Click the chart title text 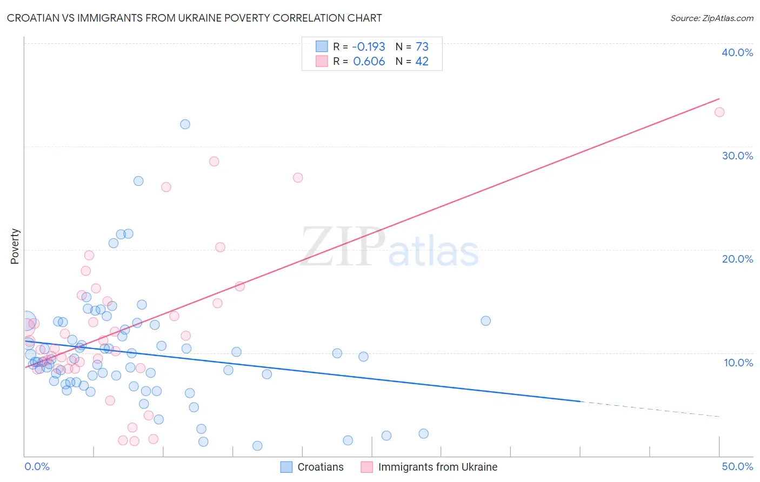194,18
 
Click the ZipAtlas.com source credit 711,18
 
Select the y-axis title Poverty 15,246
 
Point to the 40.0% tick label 737,52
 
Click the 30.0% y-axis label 737,156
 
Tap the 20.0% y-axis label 737,259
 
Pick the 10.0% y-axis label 738,363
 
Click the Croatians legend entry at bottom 320,467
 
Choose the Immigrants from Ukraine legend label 437,467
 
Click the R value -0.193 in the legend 369,47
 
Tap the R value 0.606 369,62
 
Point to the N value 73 422,47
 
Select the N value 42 422,62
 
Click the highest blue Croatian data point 185,124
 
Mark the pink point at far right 719,112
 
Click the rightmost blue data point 485,321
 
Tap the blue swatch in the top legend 322,46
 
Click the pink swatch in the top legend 322,61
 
